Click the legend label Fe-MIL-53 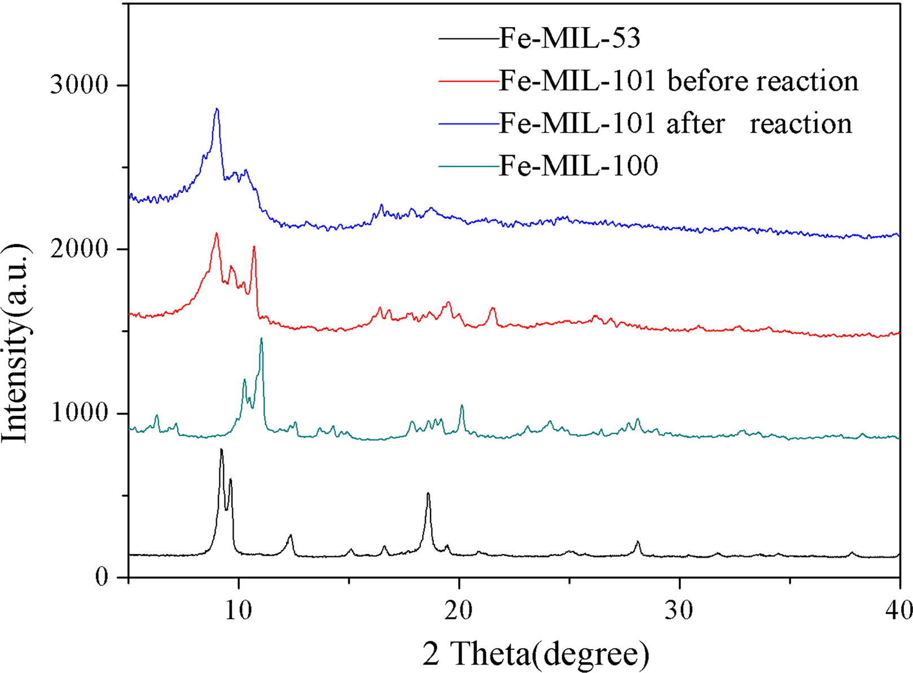click(569, 39)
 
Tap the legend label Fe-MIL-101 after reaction click(675, 124)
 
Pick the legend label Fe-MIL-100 click(578, 165)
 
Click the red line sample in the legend click(468, 81)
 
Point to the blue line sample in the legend click(468, 124)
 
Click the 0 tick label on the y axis click(102, 577)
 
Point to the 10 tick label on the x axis click(239, 610)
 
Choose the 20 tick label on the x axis click(459, 610)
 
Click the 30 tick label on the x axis click(679, 610)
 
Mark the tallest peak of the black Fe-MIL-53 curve click(221, 450)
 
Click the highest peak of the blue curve click(217, 109)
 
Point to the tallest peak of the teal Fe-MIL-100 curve click(261, 338)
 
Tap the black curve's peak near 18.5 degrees click(428, 494)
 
